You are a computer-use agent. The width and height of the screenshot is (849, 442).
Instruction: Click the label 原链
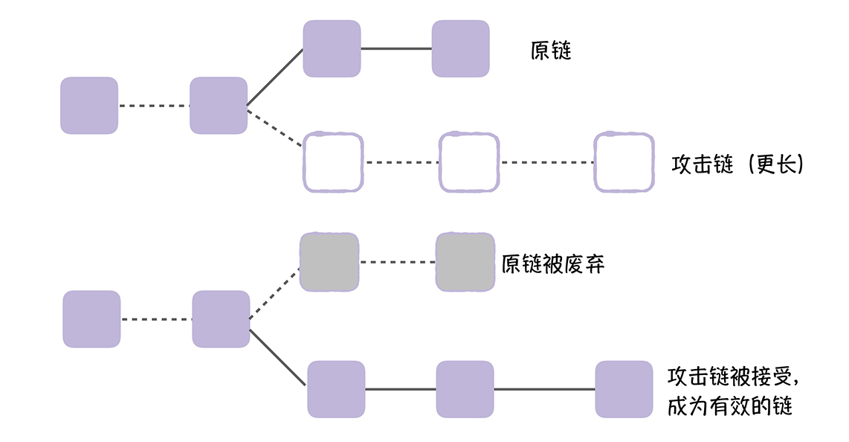(551, 51)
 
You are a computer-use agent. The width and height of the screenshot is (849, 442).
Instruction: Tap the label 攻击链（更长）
(738, 164)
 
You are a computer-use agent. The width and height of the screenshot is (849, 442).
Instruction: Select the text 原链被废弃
(552, 264)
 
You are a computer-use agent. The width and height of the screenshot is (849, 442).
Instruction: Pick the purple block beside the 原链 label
(461, 48)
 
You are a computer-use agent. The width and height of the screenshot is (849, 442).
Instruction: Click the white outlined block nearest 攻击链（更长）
(624, 162)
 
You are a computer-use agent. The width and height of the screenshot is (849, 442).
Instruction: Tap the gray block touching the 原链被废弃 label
(465, 262)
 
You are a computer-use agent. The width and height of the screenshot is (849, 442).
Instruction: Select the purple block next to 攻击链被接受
(624, 388)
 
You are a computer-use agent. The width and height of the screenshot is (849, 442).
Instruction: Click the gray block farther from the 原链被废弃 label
(329, 262)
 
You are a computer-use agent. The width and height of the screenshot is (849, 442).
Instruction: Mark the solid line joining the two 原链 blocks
(396, 48)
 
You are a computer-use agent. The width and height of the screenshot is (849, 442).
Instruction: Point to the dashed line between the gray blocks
(397, 262)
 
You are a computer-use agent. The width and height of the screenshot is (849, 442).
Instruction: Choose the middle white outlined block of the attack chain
(468, 162)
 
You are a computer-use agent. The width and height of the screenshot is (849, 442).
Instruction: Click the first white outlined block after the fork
(333, 162)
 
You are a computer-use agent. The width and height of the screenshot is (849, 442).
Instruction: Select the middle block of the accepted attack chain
(465, 388)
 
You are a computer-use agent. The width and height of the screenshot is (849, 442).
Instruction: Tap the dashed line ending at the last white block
(546, 162)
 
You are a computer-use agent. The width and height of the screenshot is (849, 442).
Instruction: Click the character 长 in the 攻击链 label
(784, 164)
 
